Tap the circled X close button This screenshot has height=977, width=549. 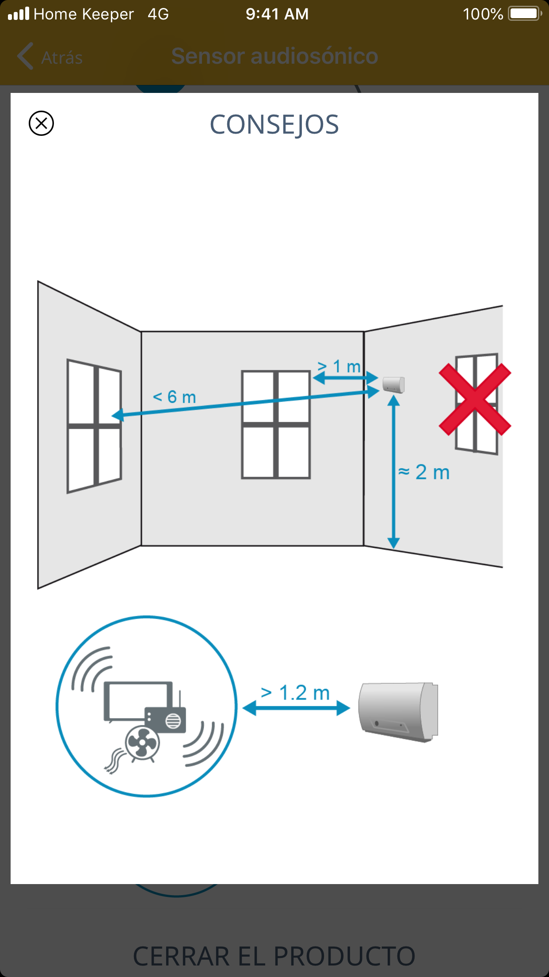coord(41,123)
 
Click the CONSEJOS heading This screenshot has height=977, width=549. coord(274,125)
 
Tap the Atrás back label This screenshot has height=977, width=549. coord(62,58)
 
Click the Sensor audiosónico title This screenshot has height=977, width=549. coord(274,56)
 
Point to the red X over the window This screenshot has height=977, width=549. coord(475,400)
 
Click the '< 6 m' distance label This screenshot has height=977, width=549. coord(174,397)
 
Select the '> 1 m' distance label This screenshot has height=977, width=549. coord(339,366)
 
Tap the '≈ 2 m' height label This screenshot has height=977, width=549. coord(424,472)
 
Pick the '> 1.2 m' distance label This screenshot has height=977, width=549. coord(295,692)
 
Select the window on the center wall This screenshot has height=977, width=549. coord(276,425)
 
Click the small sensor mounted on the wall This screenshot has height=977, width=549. coord(393,384)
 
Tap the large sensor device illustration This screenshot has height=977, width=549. coord(398,712)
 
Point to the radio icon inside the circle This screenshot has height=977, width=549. coord(166,717)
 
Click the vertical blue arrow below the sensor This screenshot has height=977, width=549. coord(393,472)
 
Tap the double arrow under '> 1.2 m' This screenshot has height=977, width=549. coord(296,708)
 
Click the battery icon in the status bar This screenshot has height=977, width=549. coord(525,14)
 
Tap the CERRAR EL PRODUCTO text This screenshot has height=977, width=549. coord(274,956)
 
